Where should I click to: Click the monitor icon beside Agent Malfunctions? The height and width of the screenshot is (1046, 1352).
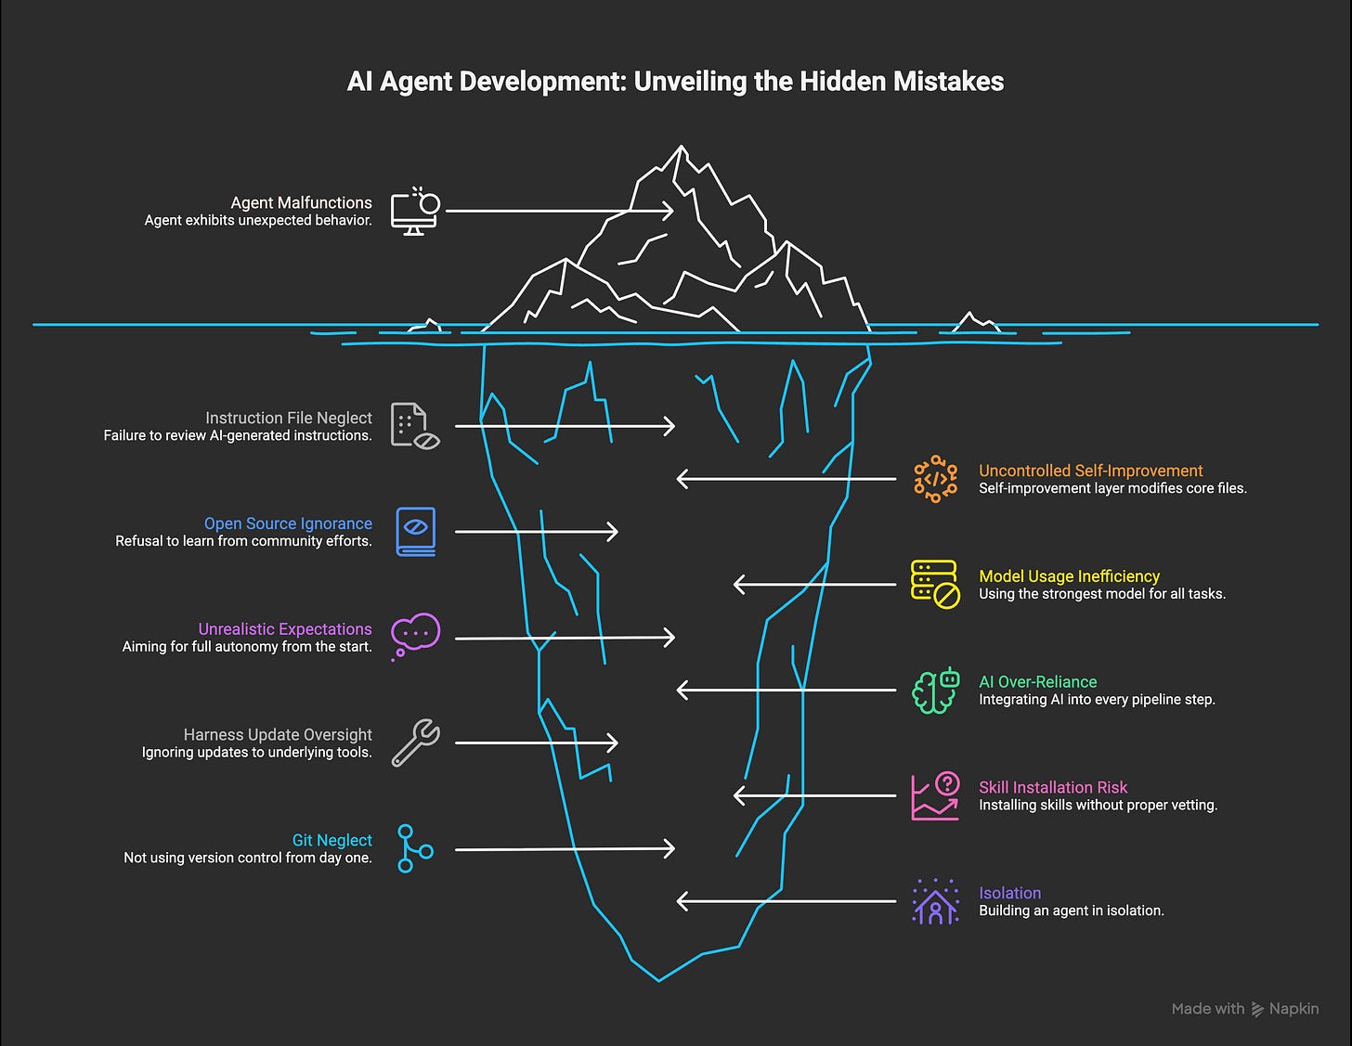tap(414, 212)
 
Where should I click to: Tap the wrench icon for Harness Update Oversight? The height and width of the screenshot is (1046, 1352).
tap(415, 743)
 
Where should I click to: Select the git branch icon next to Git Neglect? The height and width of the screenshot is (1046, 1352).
tap(413, 848)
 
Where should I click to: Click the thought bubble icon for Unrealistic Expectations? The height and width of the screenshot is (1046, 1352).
tap(414, 636)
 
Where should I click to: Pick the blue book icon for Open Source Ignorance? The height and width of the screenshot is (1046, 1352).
tap(415, 532)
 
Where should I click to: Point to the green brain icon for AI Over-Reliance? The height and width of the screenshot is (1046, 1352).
tap(934, 691)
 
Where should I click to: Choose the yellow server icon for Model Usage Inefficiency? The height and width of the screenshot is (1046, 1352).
tap(934, 585)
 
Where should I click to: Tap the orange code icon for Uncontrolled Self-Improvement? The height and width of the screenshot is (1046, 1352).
tap(935, 479)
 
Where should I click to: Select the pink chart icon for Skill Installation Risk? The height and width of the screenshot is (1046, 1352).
tap(934, 795)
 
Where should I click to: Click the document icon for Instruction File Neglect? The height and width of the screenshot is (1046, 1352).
tap(414, 426)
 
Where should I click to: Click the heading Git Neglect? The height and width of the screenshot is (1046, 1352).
tap(331, 840)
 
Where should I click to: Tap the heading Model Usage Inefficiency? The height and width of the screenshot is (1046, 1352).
tap(1069, 576)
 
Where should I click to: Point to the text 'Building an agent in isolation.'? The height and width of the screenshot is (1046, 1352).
tap(1071, 910)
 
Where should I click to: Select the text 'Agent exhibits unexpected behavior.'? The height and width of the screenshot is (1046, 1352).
tap(258, 221)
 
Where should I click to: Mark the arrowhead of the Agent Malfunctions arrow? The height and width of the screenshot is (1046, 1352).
tap(669, 211)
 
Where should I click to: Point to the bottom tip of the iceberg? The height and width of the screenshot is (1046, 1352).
tap(659, 979)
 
